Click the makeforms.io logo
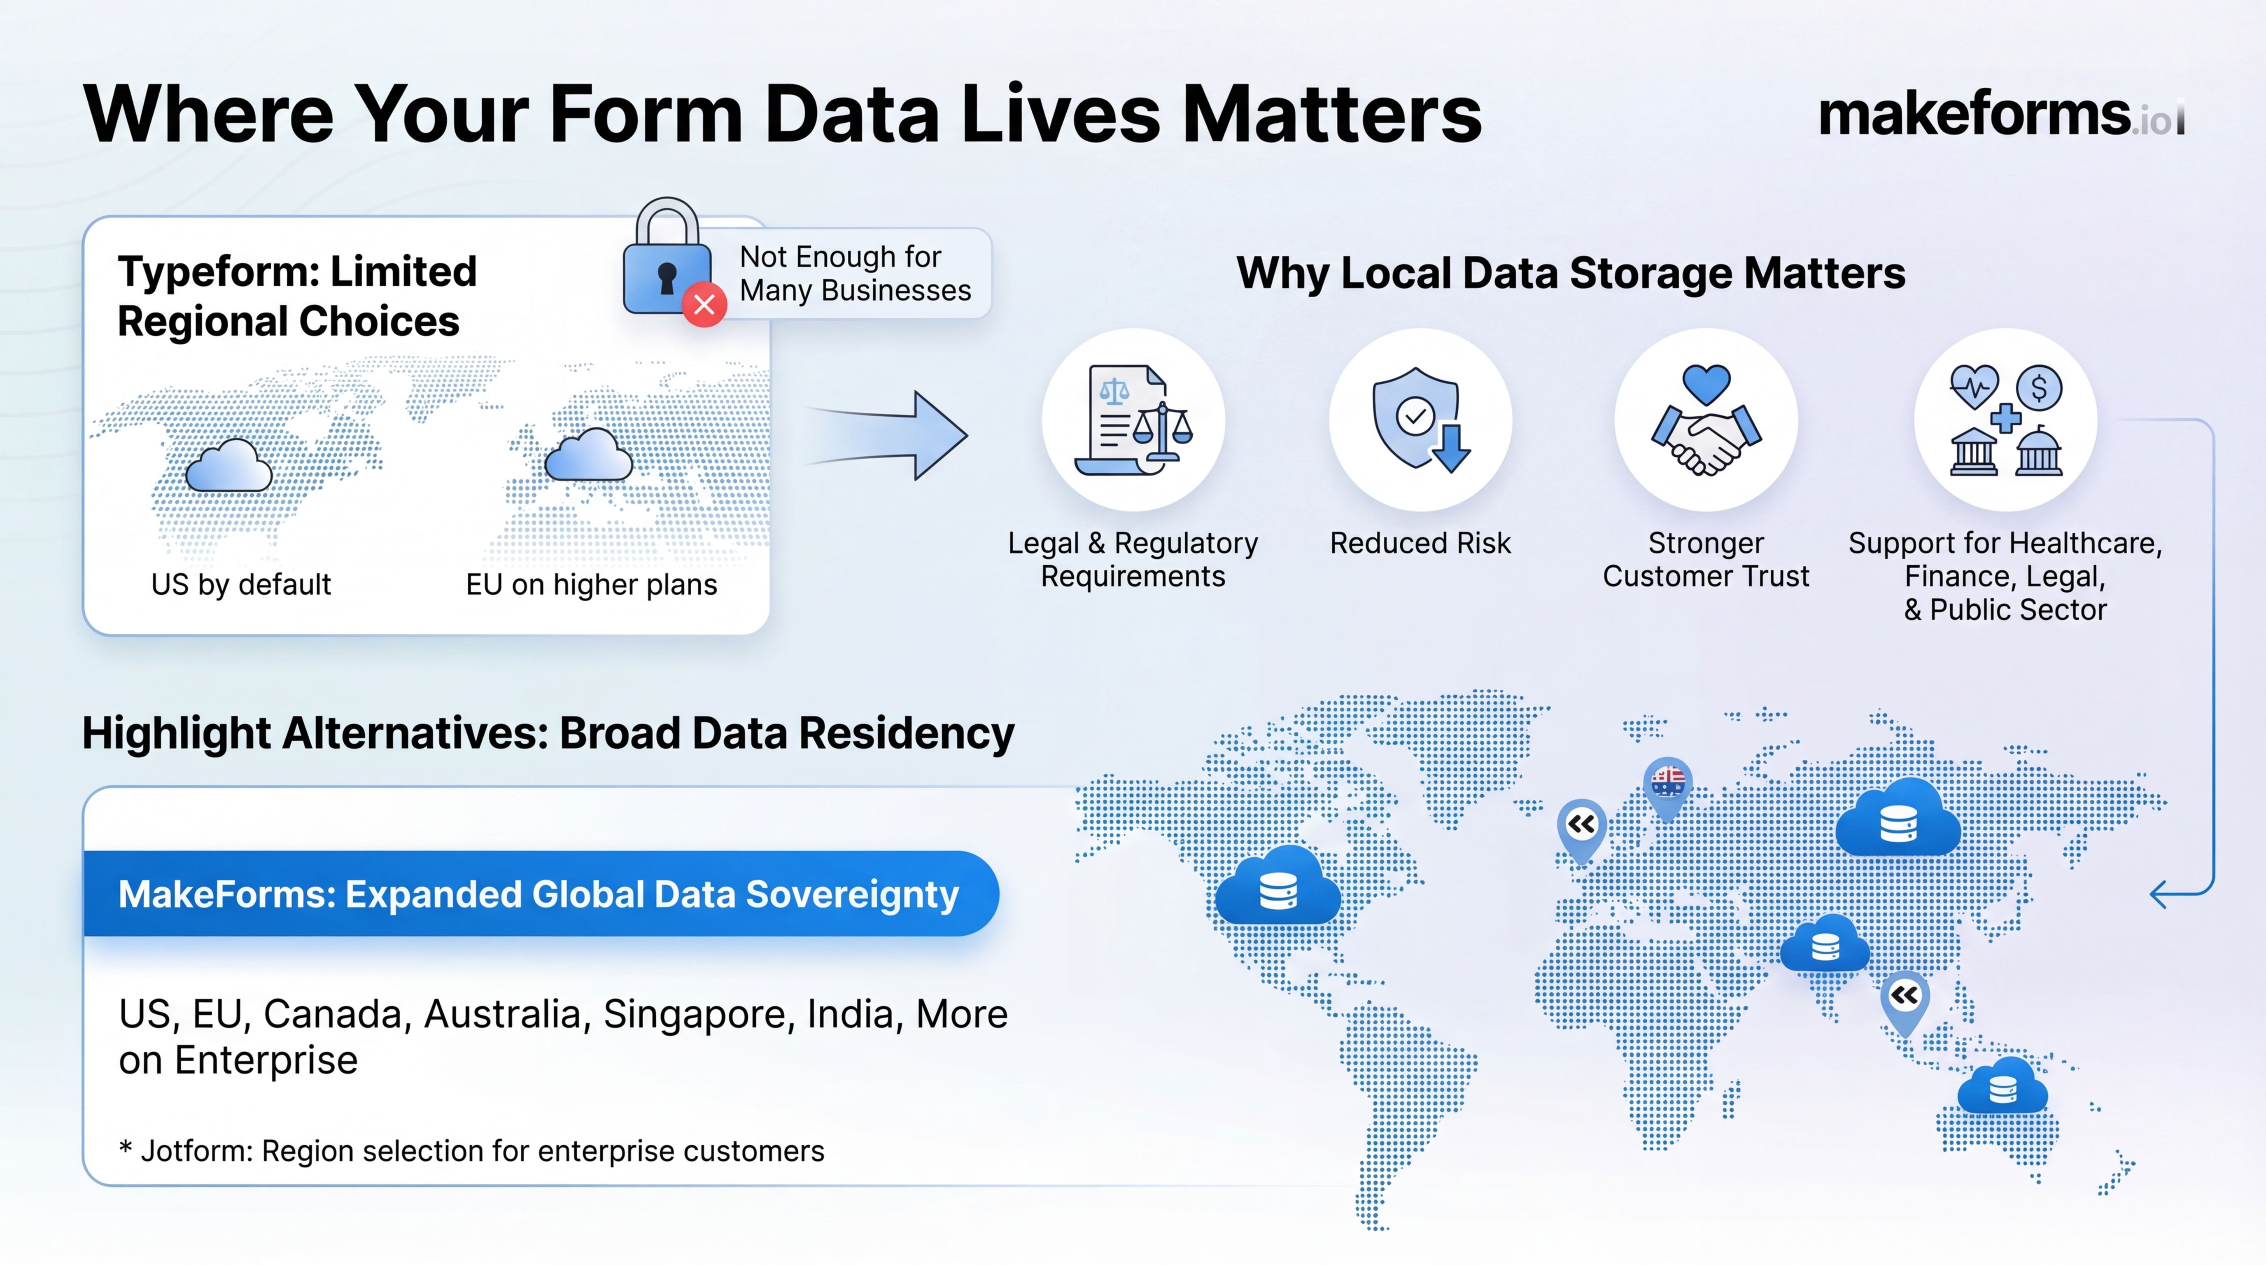2001,114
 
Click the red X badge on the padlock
704,305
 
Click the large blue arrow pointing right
888,435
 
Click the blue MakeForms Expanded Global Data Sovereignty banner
541,894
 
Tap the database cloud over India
1824,943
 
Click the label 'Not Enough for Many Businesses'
855,273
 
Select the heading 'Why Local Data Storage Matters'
1571,273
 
